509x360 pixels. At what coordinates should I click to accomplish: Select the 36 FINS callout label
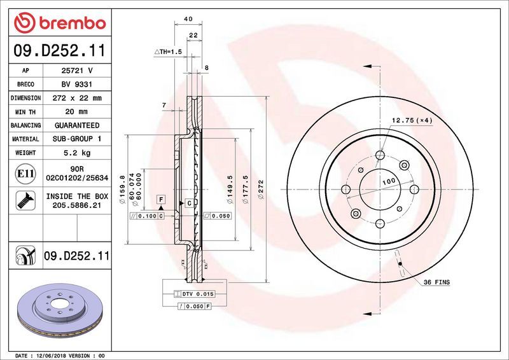point(436,280)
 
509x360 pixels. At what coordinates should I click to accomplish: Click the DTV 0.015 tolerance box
point(199,294)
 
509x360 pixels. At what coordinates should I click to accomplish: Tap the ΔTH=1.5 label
point(168,51)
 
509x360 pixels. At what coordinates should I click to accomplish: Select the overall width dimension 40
point(188,19)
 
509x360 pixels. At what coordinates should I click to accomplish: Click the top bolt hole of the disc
point(380,155)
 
